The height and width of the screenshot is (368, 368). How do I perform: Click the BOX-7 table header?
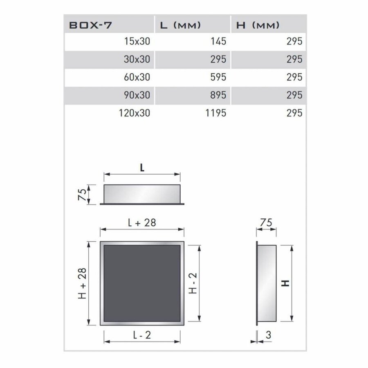(91, 25)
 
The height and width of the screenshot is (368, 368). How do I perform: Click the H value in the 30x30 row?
(294, 59)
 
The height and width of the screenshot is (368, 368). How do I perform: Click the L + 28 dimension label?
(142, 223)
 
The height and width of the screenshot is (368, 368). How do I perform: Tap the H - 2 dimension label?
(193, 284)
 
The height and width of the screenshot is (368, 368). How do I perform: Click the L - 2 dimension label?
(142, 335)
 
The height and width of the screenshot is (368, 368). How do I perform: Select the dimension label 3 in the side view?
(268, 335)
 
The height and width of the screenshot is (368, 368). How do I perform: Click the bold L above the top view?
(142, 168)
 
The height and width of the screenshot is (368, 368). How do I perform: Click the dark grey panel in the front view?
(142, 283)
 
